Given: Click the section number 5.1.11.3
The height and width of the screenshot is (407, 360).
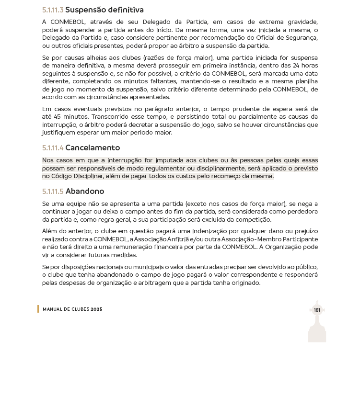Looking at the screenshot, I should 53,10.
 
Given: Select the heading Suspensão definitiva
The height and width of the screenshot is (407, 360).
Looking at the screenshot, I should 105,10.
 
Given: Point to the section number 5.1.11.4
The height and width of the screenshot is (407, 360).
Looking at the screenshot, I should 53,148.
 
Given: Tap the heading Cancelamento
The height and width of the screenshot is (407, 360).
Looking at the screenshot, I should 93,148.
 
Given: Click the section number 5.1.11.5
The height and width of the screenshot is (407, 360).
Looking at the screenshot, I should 53,192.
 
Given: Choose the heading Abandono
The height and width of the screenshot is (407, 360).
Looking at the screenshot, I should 85,192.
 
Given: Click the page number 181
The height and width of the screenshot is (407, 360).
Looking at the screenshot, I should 317,310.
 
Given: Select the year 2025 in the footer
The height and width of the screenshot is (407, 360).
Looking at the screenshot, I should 96,309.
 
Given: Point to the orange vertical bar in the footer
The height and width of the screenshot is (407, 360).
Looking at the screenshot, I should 38,309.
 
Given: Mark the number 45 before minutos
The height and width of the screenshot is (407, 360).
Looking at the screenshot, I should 58,117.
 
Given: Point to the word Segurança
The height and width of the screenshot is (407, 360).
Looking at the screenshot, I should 302,38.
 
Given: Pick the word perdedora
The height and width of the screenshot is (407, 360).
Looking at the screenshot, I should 302,212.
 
